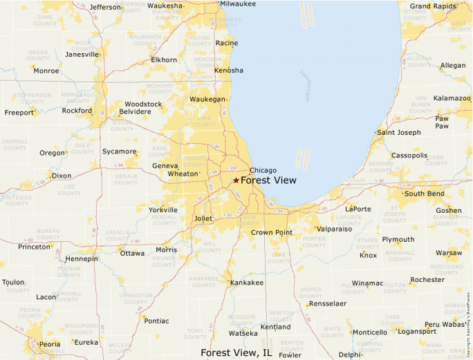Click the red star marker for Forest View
(236, 180)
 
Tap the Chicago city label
(263, 171)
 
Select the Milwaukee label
(237, 4)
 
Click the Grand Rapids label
(434, 6)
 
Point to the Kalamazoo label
(452, 98)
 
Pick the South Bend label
(424, 193)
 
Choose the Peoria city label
(49, 344)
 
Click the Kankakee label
(247, 283)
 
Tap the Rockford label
(77, 111)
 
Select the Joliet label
(203, 218)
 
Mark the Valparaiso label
(334, 229)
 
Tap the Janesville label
(82, 54)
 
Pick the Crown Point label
(272, 233)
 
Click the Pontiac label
(156, 321)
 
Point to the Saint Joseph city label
(398, 133)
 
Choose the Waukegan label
(208, 100)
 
